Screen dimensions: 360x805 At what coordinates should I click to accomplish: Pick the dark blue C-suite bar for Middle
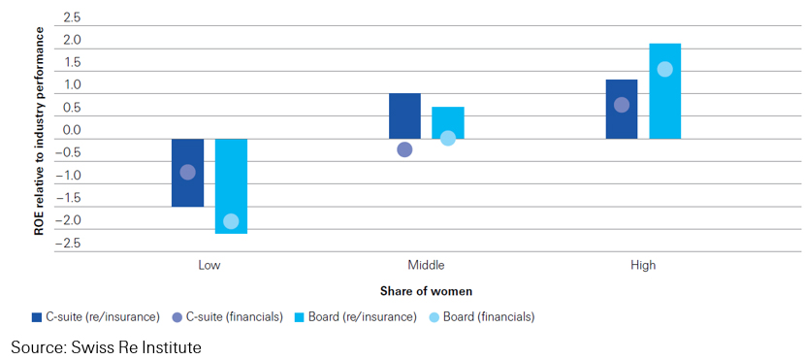pos(404,115)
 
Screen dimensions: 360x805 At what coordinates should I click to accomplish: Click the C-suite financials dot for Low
pos(188,172)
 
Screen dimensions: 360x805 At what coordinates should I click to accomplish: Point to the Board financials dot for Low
pos(231,221)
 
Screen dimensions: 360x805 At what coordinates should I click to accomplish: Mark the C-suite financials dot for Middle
pos(404,149)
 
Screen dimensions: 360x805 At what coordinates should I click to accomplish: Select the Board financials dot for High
pos(664,69)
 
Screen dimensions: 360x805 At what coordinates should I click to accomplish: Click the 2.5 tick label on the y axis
pos(72,18)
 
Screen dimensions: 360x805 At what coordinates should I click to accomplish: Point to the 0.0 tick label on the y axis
pos(72,131)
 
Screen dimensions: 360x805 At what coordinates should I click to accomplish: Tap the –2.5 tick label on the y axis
pos(69,243)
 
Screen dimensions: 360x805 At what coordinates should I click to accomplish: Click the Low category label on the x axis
pos(209,265)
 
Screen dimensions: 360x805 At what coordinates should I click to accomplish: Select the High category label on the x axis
pos(643,265)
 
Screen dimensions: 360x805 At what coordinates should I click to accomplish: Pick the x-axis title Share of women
pos(426,291)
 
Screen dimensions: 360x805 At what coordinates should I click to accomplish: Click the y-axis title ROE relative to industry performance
pos(41,131)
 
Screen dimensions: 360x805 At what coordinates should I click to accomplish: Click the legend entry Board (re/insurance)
pos(356,317)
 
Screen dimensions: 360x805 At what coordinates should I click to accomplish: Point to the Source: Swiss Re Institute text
pos(106,346)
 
